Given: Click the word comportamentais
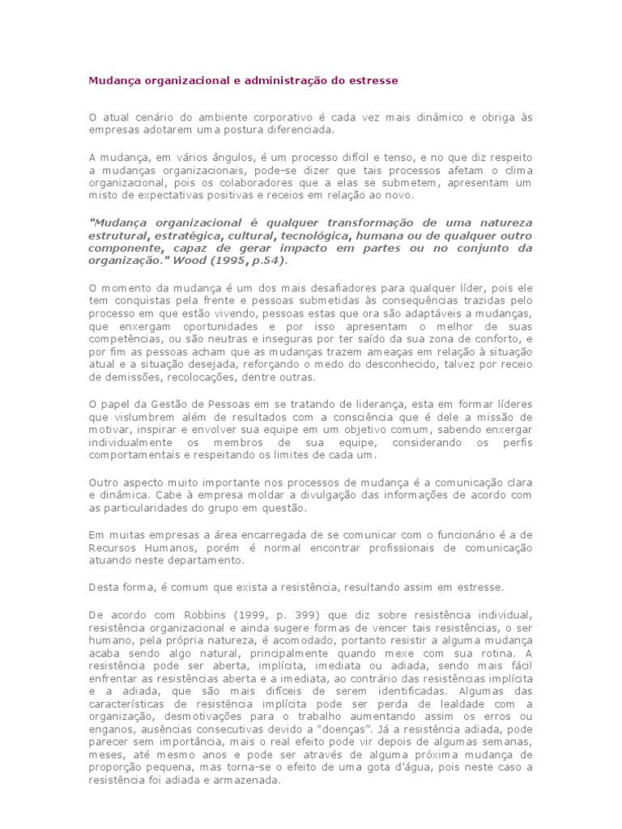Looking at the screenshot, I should pos(131,456).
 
